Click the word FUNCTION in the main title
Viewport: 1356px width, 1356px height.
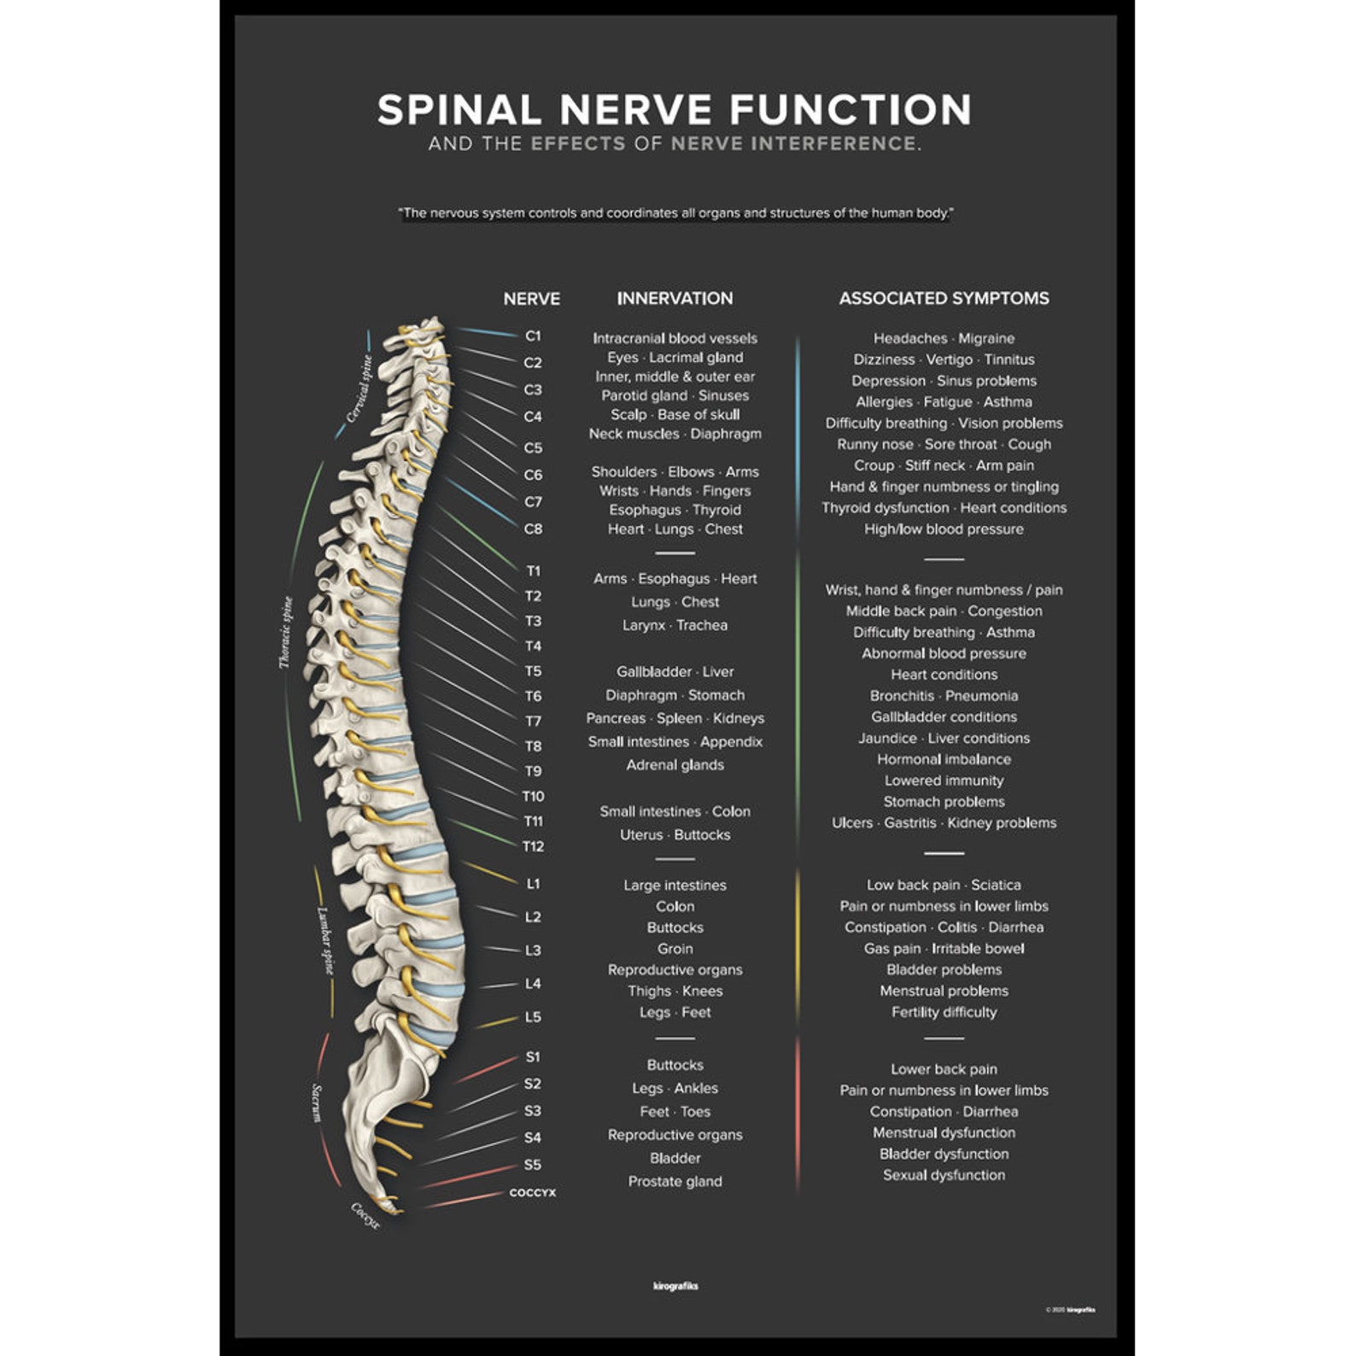[x=850, y=110]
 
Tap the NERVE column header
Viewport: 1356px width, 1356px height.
[x=531, y=299]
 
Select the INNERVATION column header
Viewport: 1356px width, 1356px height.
[x=675, y=298]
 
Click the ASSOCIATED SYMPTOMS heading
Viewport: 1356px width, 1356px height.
[x=944, y=298]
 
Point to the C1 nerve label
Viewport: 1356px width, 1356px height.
[x=533, y=336]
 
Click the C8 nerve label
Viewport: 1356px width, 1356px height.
[x=533, y=529]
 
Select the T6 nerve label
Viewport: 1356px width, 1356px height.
[x=533, y=696]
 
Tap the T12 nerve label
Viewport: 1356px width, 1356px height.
[x=533, y=846]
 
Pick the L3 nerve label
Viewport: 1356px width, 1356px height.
[x=533, y=950]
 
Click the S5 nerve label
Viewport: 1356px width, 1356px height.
[x=533, y=1165]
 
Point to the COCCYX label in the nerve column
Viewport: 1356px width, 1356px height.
[x=533, y=1193]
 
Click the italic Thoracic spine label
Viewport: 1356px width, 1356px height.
[x=285, y=632]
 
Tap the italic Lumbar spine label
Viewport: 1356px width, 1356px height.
[x=325, y=940]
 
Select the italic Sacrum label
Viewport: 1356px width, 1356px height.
[x=316, y=1102]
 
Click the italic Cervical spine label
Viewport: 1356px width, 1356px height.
[x=359, y=389]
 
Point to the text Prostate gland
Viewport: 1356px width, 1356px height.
[x=675, y=1181]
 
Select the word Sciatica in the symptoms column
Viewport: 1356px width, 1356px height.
[x=996, y=885]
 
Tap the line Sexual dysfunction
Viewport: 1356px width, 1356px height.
[x=944, y=1175]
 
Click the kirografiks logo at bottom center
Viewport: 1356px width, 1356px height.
[x=675, y=1286]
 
